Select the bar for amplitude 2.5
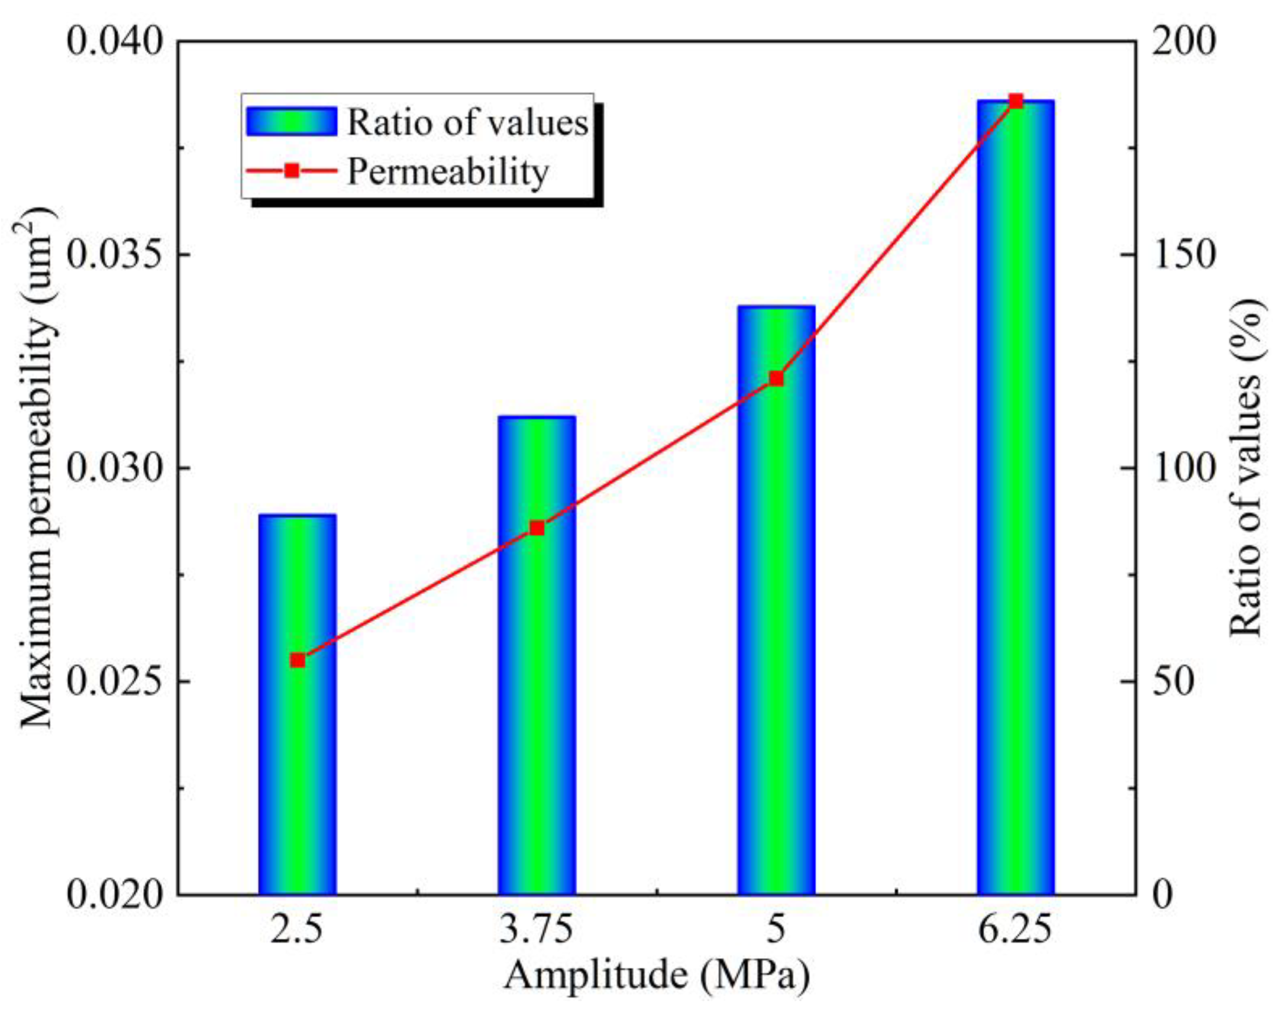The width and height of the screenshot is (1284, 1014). tap(298, 742)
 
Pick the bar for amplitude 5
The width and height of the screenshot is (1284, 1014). tap(776, 623)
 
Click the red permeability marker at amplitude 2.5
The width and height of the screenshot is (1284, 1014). tap(298, 660)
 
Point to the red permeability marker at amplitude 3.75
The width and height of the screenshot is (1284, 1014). tap(537, 529)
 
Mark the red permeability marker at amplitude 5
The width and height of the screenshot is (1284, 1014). tap(777, 379)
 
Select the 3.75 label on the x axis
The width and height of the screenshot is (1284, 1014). tap(537, 929)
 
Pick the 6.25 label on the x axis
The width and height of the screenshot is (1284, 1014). tap(1015, 929)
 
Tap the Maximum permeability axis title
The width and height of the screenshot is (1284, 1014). tap(39, 469)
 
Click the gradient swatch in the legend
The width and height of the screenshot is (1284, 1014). tap(292, 121)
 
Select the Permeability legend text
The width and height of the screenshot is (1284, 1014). tap(448, 172)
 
